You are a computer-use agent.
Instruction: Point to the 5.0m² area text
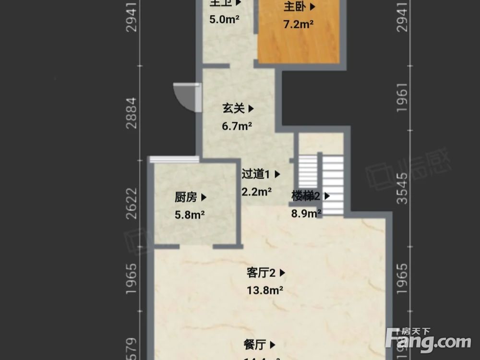point(224,20)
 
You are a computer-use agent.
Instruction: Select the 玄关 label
point(234,109)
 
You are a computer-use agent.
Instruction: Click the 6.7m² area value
point(237,127)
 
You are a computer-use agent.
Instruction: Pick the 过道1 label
point(257,174)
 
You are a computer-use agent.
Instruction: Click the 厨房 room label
point(186,197)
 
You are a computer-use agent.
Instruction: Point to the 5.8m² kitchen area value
point(190,215)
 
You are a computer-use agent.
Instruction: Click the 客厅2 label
point(261,273)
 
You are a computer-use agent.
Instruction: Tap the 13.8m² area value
point(264,290)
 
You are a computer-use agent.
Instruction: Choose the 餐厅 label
point(255,345)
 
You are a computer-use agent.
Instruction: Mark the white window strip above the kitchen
point(174,159)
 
